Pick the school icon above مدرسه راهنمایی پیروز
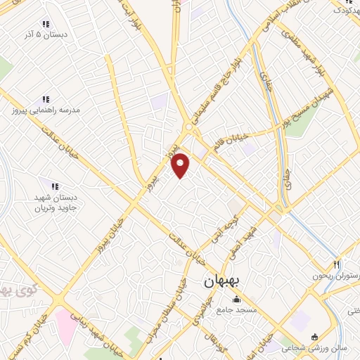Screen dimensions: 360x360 pyautogui.click(x=46, y=100)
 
